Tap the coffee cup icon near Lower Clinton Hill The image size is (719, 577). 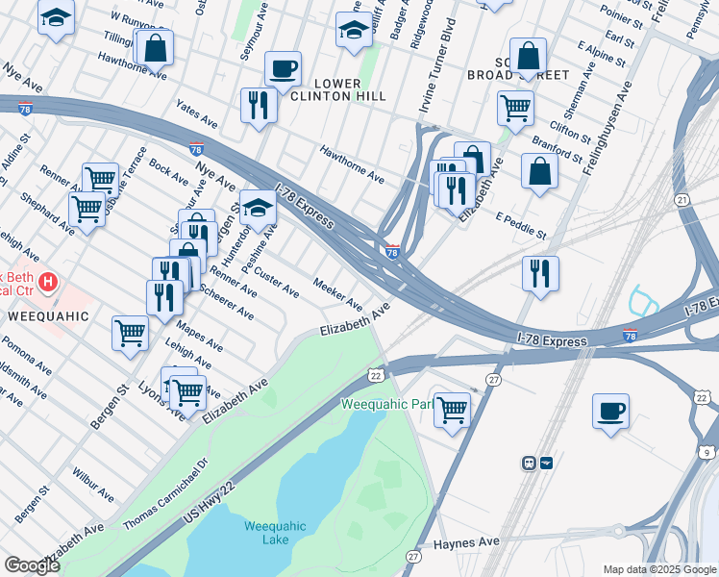click(283, 69)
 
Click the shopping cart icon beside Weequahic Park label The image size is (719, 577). click(452, 410)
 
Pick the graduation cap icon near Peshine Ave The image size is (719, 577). click(257, 207)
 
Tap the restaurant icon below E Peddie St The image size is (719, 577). click(541, 274)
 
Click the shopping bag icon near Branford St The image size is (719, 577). click(540, 170)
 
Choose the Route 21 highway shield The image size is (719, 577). click(682, 199)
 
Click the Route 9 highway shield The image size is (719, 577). click(706, 452)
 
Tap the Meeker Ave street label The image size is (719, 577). click(338, 289)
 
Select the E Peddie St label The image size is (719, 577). click(520, 227)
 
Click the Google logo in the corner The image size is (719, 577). click(32, 565)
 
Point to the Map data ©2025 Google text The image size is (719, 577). click(659, 569)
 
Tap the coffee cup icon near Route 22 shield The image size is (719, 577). click(610, 412)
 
